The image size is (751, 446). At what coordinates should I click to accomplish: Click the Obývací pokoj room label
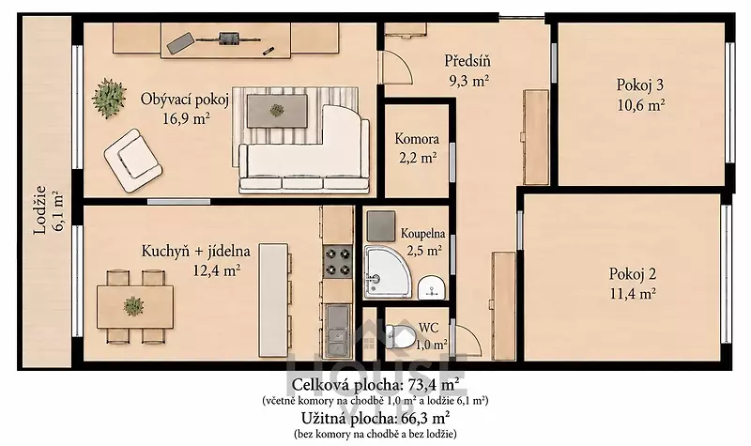tap(184, 100)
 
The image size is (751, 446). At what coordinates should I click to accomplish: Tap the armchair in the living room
tap(132, 160)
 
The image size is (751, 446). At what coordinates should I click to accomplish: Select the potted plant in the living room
tap(109, 98)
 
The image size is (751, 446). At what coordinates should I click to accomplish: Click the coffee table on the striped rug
tap(277, 111)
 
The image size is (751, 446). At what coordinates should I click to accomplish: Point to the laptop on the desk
tap(180, 42)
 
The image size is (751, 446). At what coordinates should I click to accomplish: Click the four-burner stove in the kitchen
tap(338, 262)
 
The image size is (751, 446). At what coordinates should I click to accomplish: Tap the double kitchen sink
tap(337, 331)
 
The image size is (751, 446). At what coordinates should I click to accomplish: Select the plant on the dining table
tap(133, 306)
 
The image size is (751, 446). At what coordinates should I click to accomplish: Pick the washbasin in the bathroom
tap(432, 287)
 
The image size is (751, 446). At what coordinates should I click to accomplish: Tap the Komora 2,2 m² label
tap(417, 147)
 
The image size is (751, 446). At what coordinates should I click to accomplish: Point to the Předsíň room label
tap(467, 61)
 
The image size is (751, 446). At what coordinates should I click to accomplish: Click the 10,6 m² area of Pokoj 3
tap(641, 105)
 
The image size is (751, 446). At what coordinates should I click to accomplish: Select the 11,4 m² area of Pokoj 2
tap(633, 293)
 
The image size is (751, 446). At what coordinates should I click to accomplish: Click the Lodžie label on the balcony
tap(40, 209)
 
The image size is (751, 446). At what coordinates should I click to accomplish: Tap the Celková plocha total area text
tap(373, 385)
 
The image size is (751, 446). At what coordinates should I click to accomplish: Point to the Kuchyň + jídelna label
tap(195, 251)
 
